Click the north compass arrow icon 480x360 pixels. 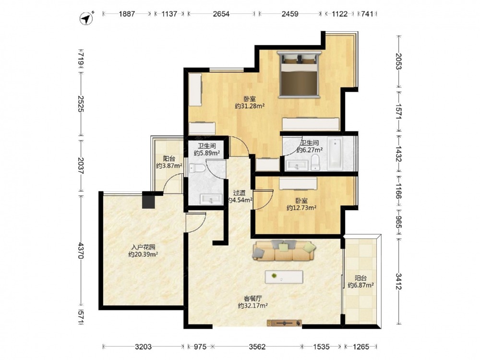(x=86, y=18)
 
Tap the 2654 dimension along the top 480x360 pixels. (x=221, y=14)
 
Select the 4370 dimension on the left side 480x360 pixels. (x=81, y=251)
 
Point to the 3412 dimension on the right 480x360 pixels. (x=398, y=281)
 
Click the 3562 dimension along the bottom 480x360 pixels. (x=257, y=347)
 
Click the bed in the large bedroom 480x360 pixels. (x=300, y=74)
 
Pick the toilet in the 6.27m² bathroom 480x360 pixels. (x=315, y=162)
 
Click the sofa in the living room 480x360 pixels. (x=284, y=251)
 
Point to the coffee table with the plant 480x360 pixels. (x=284, y=277)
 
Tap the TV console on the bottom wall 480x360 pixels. (x=284, y=323)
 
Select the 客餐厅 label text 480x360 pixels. (x=253, y=298)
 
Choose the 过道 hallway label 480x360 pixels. (x=240, y=193)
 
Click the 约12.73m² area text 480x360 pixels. (x=301, y=208)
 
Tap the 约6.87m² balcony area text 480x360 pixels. (x=360, y=285)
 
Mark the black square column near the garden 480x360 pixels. (x=148, y=200)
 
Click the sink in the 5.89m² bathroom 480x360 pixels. (x=211, y=199)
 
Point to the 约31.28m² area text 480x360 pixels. (x=250, y=106)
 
